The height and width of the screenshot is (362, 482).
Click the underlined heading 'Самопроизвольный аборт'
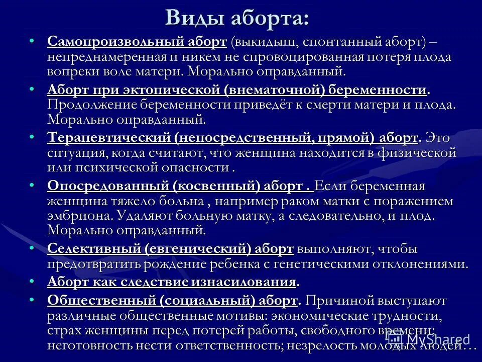click(x=138, y=42)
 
